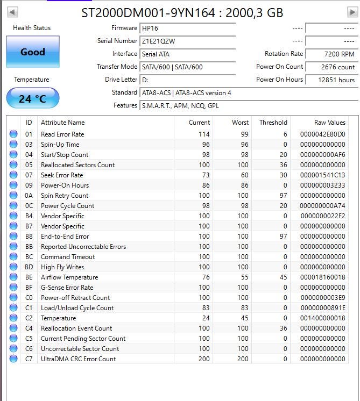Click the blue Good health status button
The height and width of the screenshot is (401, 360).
pyautogui.click(x=33, y=52)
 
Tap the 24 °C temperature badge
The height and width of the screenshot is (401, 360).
pyautogui.click(x=33, y=98)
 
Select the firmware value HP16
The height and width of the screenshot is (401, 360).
pyautogui.click(x=187, y=28)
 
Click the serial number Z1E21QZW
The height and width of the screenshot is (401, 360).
pyautogui.click(x=187, y=41)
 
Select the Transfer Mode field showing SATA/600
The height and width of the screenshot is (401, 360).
pyautogui.click(x=187, y=67)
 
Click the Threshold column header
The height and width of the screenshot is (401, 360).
pyautogui.click(x=273, y=123)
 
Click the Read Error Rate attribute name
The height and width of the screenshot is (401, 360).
pyautogui.click(x=62, y=134)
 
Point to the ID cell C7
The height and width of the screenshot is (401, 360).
pyautogui.click(x=29, y=359)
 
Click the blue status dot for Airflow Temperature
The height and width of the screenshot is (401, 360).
pyautogui.click(x=13, y=277)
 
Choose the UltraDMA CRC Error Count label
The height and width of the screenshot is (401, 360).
pyautogui.click(x=79, y=359)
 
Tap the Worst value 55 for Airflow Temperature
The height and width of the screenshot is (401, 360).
pyautogui.click(x=243, y=277)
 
